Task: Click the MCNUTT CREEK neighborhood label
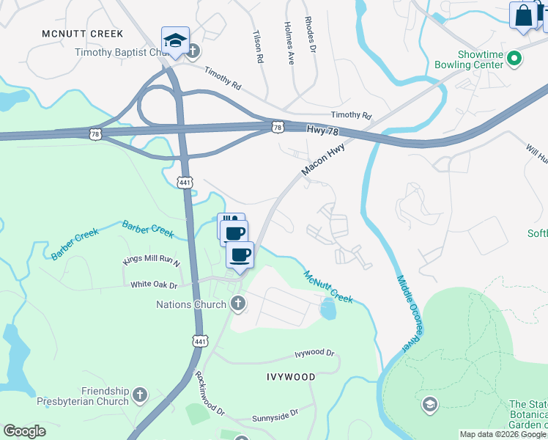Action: (x=82, y=34)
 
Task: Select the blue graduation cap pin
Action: (x=175, y=42)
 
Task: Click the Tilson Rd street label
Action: (x=257, y=46)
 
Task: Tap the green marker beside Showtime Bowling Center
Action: (x=514, y=57)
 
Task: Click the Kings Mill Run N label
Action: (x=152, y=260)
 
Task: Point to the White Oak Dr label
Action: (x=155, y=284)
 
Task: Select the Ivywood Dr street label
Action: (x=314, y=353)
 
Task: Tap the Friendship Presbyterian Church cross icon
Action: (x=139, y=397)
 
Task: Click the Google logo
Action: (x=24, y=431)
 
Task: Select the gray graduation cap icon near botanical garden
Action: (x=429, y=404)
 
